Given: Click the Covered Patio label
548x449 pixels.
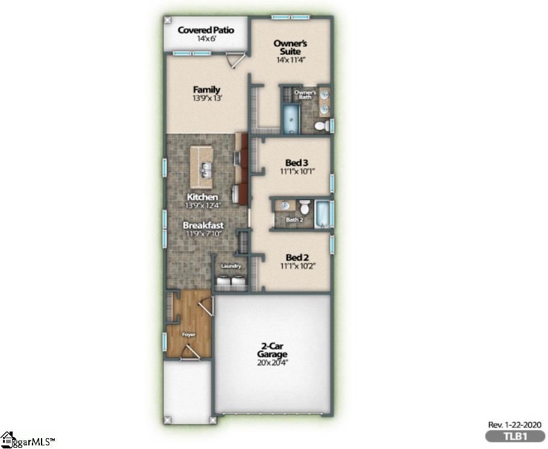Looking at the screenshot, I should (205, 30).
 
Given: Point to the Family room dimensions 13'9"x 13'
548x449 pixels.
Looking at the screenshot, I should (207, 99).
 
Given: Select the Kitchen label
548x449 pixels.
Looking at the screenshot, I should (202, 197).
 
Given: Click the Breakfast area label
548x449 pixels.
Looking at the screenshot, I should (203, 225).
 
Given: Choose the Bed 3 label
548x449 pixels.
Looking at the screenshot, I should (297, 163).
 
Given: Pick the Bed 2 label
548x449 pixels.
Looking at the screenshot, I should (297, 257).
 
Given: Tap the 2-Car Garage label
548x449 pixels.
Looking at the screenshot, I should (273, 350).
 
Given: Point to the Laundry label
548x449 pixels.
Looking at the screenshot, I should (231, 266).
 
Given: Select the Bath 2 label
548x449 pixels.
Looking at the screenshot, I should (294, 220).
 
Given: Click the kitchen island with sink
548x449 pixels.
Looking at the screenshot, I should (203, 167).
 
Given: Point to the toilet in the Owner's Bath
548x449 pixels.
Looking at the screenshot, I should (322, 126).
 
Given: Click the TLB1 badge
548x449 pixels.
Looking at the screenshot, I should (515, 436).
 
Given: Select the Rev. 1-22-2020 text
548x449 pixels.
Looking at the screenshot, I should (514, 424).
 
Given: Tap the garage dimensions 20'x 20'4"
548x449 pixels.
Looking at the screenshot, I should (273, 362).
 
